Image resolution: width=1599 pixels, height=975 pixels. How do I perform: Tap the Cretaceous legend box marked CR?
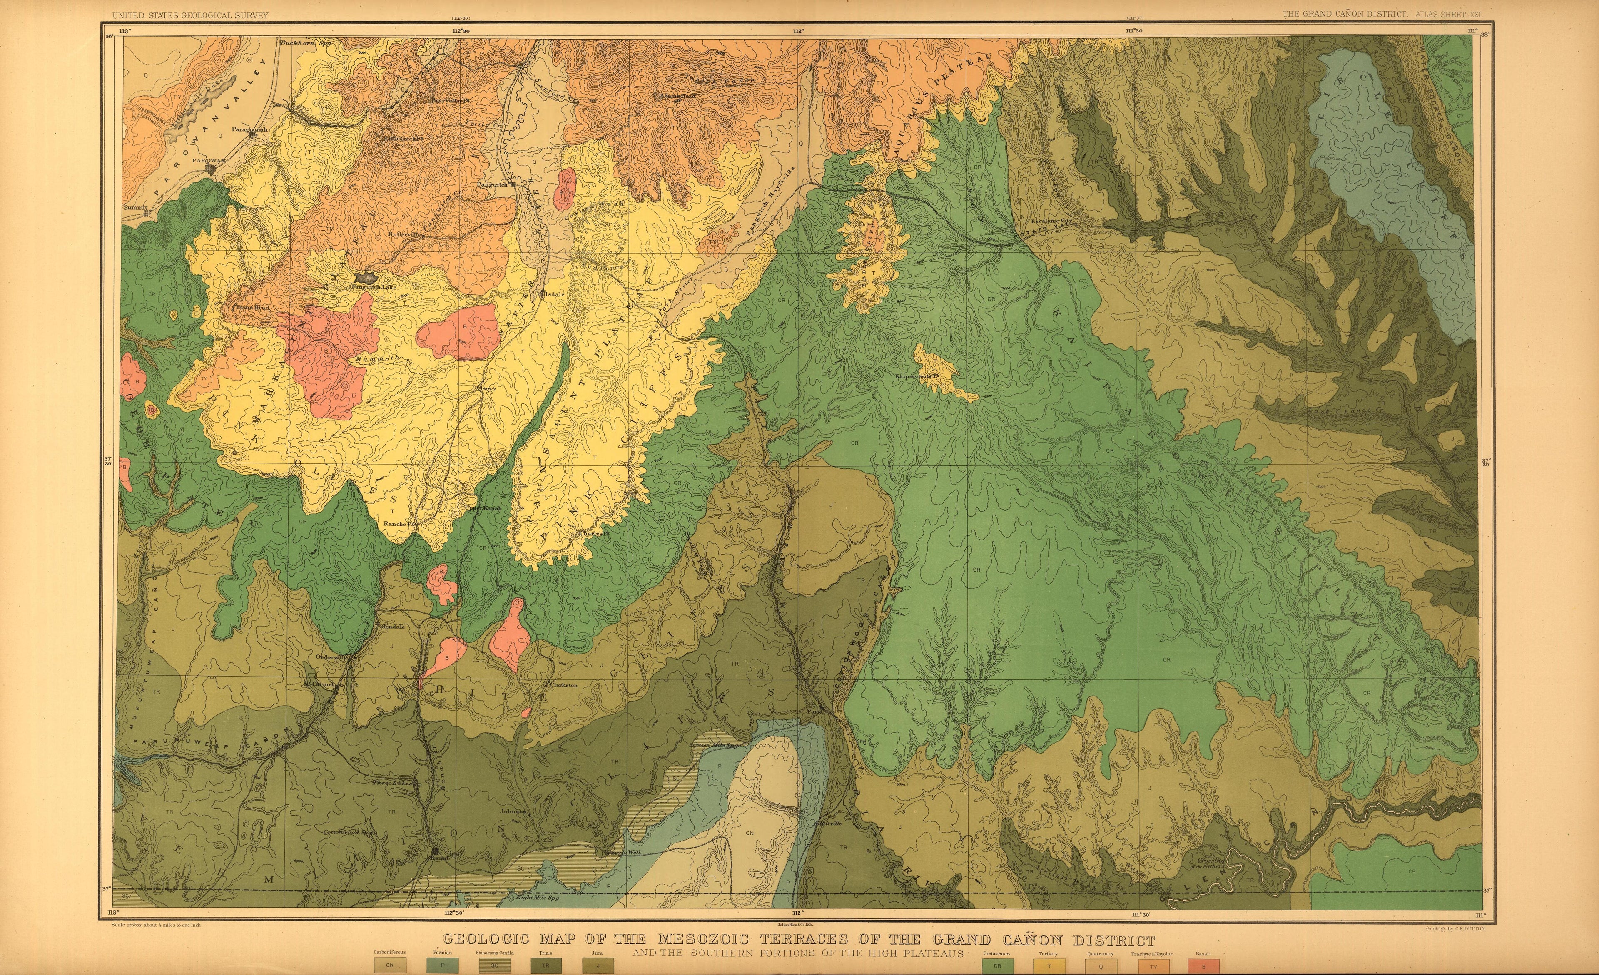(x=997, y=966)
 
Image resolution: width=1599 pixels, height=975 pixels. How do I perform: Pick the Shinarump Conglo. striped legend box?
(x=495, y=966)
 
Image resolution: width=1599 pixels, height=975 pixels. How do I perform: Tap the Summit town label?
(x=136, y=208)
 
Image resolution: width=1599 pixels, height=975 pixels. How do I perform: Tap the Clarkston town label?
(x=563, y=685)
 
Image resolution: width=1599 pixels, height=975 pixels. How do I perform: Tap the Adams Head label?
(x=677, y=95)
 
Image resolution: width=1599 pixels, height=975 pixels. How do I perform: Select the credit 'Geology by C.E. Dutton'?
(x=1452, y=929)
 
